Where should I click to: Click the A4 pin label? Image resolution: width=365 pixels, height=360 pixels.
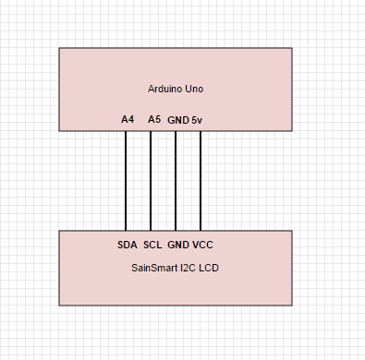click(128, 120)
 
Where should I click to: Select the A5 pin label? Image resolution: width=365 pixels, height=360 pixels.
click(154, 120)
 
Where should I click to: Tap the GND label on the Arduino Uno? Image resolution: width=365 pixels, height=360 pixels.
click(178, 120)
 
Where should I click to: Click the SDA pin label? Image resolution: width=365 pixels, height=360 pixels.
click(127, 245)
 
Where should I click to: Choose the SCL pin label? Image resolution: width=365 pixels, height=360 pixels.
click(153, 245)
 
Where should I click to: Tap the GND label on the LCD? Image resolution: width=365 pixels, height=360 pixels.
click(178, 245)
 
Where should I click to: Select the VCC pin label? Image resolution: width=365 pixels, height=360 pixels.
click(203, 245)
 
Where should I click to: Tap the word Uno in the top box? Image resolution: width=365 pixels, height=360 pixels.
click(194, 89)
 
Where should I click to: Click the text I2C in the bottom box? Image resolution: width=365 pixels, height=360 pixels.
click(188, 269)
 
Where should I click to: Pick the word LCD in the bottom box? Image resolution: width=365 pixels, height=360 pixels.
click(208, 269)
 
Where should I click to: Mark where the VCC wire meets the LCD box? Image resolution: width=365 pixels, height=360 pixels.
click(201, 231)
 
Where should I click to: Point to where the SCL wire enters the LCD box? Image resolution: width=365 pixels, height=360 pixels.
click(151, 231)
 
